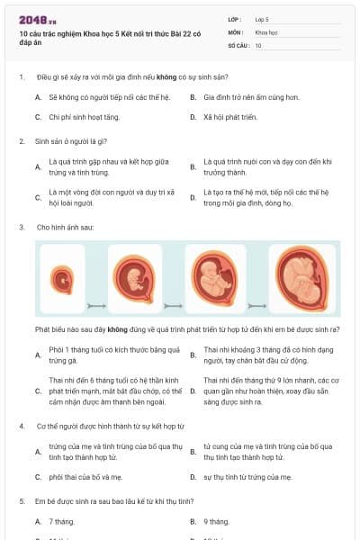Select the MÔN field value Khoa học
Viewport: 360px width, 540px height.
(265, 31)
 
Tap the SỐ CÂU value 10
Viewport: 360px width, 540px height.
(258, 44)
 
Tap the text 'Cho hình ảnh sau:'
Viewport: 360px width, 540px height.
(68, 227)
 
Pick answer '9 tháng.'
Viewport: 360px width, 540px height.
(217, 521)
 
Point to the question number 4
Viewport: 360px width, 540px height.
(22, 426)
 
